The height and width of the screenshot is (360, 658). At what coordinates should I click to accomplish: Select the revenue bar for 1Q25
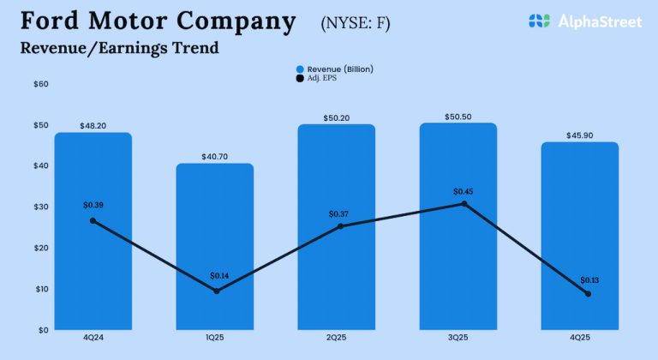point(214,257)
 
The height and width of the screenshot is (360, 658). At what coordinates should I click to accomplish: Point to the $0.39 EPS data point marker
point(93,220)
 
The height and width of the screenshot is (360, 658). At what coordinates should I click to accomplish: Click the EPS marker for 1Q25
point(216,291)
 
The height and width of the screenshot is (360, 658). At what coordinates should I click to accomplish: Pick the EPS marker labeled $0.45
point(464,203)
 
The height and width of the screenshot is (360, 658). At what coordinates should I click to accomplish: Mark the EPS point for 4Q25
point(588,294)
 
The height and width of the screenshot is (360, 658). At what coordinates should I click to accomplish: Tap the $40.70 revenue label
point(214,156)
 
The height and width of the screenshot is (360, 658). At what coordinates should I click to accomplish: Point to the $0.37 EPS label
point(339,213)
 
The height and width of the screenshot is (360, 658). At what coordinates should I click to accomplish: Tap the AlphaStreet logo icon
point(539,21)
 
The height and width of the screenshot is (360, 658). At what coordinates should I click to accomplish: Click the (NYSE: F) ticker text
point(355,23)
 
